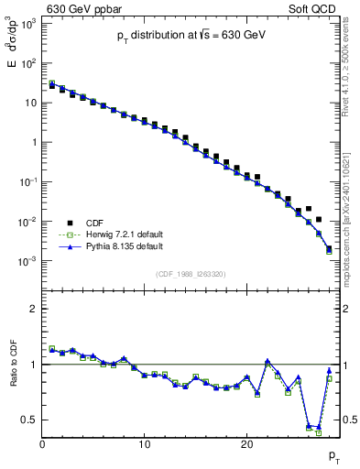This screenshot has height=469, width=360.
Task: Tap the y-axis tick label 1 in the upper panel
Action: [34, 142]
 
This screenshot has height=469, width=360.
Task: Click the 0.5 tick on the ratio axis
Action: [30, 420]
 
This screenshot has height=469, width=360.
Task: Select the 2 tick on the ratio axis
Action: [34, 309]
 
